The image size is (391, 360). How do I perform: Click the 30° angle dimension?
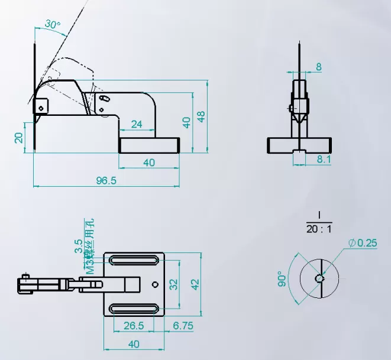coord(52,25)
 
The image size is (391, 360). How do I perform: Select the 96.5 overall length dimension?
coord(106,180)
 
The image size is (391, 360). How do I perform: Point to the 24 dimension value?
coord(136,124)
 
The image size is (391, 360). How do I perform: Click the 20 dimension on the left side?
coord(19,137)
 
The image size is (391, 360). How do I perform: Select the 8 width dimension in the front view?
coord(319,67)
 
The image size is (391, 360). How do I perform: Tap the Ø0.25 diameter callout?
coord(363,243)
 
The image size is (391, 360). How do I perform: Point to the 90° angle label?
coord(283,280)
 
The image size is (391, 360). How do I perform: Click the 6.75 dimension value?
coord(184,326)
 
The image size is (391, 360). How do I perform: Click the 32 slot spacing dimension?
coord(174,284)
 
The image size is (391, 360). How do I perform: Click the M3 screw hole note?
coord(90,248)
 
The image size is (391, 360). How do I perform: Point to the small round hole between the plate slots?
coord(156,284)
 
